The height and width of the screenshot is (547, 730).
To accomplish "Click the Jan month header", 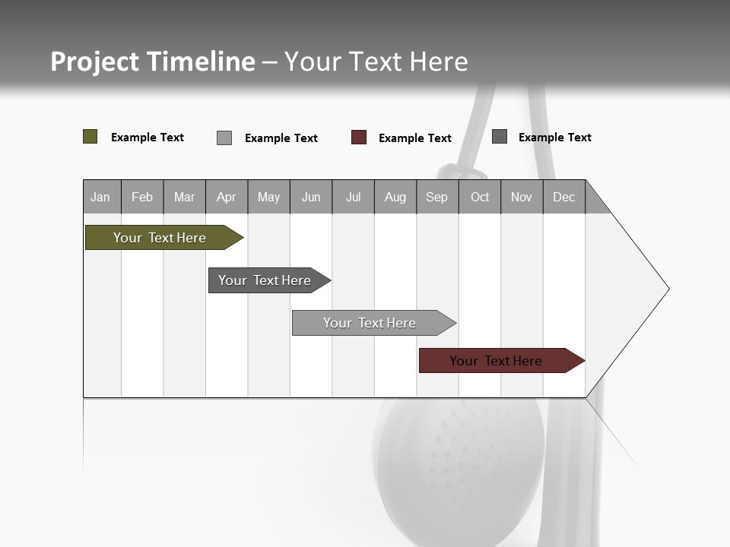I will tap(101, 197).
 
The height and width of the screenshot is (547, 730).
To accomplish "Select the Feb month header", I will tap(142, 197).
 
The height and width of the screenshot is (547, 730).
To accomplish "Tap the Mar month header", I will tap(184, 197).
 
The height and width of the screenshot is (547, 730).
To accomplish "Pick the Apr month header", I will tap(227, 197).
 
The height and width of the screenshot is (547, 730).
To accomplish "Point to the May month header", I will tap(268, 197).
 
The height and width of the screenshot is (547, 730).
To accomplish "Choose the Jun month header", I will tap(311, 197).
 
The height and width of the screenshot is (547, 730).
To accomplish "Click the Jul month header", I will tap(353, 197).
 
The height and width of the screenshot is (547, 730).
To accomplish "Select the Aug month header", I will tap(395, 197).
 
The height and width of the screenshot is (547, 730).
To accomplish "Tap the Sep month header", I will tap(437, 197).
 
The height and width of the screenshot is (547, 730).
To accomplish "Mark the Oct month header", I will tap(480, 197).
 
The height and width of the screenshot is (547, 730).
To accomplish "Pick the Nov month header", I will tap(522, 197).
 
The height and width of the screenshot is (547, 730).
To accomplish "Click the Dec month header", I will tap(564, 197).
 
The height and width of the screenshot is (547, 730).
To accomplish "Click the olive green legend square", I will tap(90, 137).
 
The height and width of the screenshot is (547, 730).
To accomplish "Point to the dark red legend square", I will tap(359, 138).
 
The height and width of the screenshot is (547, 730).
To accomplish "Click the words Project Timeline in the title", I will tap(153, 62).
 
